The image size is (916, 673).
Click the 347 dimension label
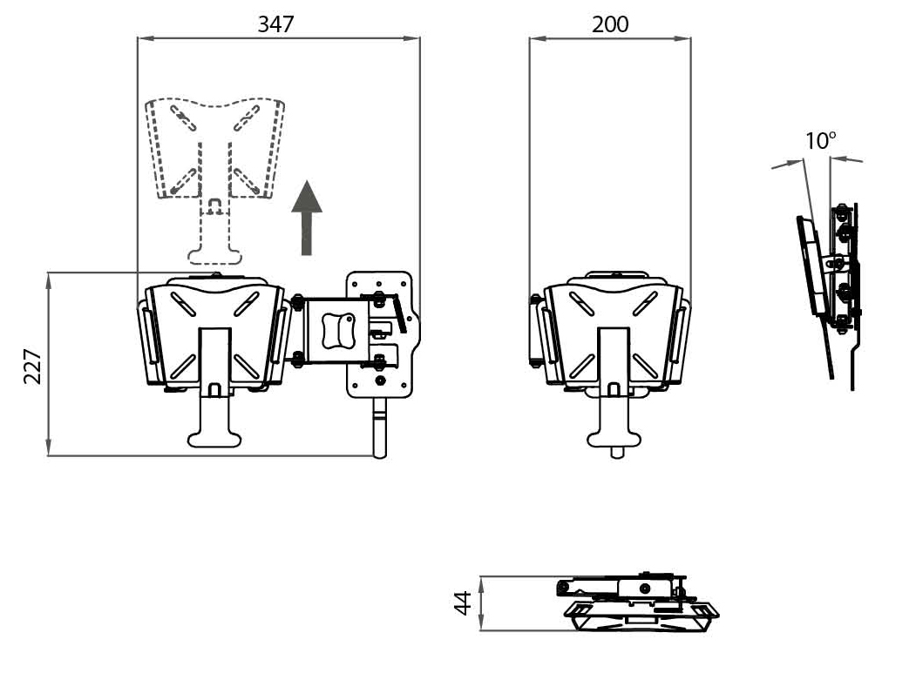[275, 24]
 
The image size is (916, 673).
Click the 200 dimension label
[610, 24]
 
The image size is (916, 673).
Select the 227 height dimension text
[33, 367]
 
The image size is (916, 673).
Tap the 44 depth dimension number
[463, 603]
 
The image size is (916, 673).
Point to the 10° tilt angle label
[821, 140]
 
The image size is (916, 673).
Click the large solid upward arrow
[307, 218]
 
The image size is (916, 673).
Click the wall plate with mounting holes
[383, 334]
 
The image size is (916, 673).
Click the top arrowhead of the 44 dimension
[481, 583]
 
